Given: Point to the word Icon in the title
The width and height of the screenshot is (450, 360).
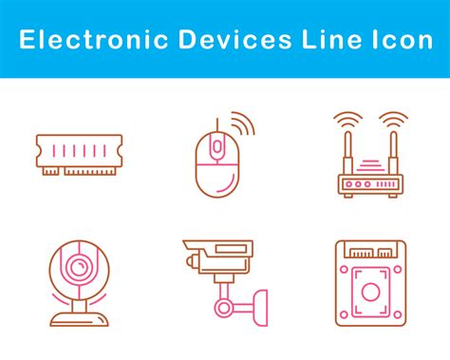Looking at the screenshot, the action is point(400,39).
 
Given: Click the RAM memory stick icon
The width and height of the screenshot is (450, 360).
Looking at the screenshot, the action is point(79,154).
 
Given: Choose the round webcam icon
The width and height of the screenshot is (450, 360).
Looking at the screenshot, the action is point(79,280).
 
